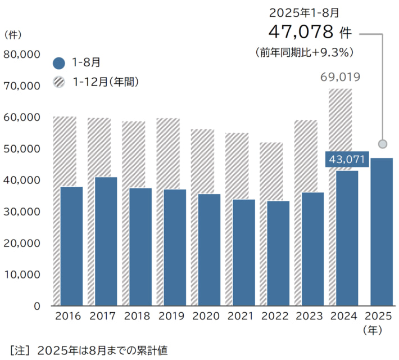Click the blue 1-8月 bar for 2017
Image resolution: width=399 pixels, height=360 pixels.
106,241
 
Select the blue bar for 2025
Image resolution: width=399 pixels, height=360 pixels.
382,232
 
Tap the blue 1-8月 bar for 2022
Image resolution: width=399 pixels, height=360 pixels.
278,253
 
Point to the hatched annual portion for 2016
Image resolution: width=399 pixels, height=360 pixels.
64,151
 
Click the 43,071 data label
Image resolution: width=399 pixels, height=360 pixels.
347,160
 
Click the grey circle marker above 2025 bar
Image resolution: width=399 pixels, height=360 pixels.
383,144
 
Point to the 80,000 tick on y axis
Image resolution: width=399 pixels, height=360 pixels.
21,55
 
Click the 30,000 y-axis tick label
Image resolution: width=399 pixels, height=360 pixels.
21,212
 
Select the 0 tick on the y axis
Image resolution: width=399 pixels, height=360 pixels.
36,307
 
